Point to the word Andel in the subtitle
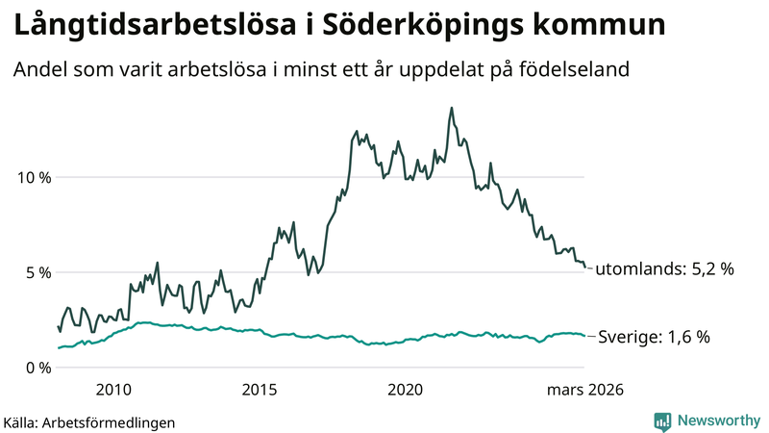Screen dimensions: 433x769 click(39, 70)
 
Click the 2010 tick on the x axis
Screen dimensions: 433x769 click(113, 390)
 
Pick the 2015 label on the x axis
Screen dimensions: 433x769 click(259, 390)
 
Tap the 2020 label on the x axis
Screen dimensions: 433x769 click(405, 390)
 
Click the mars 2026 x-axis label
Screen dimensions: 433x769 click(585, 390)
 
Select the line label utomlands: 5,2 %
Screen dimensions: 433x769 click(664, 269)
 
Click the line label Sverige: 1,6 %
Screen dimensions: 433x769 click(654, 337)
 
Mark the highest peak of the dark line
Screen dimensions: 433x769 click(452, 108)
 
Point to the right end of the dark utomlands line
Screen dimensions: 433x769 click(584, 267)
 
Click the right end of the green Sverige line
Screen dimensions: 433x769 click(584, 336)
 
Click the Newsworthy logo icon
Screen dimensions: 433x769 click(662, 420)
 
